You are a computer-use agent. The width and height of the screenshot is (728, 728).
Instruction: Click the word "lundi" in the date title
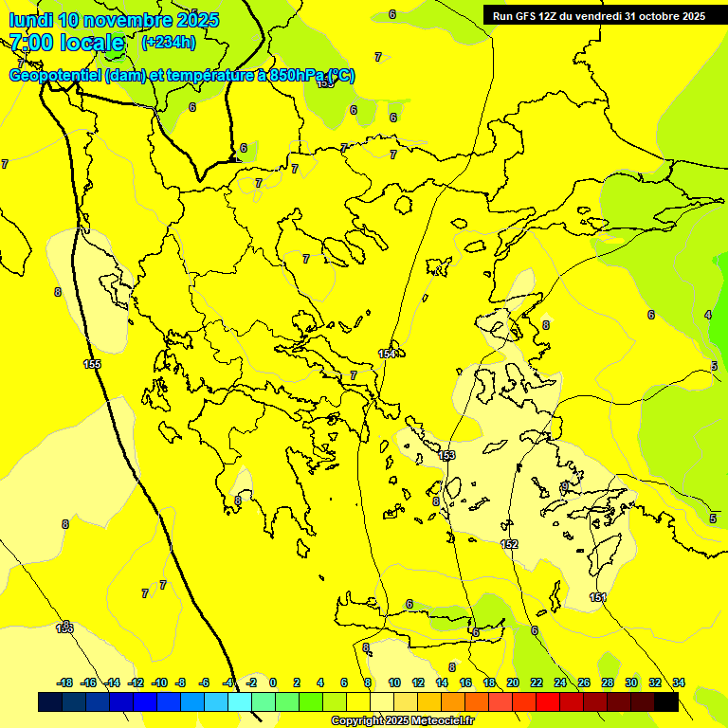tap(30, 20)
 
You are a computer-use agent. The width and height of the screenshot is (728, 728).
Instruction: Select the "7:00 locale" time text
tap(66, 43)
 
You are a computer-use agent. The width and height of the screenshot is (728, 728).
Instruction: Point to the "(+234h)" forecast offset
tap(168, 42)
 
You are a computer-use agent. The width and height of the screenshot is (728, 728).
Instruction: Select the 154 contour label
tap(387, 354)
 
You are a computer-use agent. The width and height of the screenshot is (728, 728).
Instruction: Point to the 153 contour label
tap(447, 456)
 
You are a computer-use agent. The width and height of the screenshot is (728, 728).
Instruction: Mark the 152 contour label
tap(509, 544)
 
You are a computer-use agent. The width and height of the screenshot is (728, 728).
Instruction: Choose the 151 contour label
tap(597, 597)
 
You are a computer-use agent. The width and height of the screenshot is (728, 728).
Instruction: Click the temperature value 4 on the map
tap(707, 315)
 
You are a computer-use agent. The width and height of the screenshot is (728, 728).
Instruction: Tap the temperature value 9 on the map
tap(564, 486)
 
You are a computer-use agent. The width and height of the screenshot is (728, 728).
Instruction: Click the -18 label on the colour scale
tap(64, 682)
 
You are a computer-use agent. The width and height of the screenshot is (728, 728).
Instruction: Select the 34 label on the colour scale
tap(679, 682)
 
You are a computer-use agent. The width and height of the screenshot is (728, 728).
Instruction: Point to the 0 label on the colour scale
tap(273, 682)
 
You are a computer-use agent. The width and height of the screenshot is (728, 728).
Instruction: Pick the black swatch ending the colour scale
tap(666, 701)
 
